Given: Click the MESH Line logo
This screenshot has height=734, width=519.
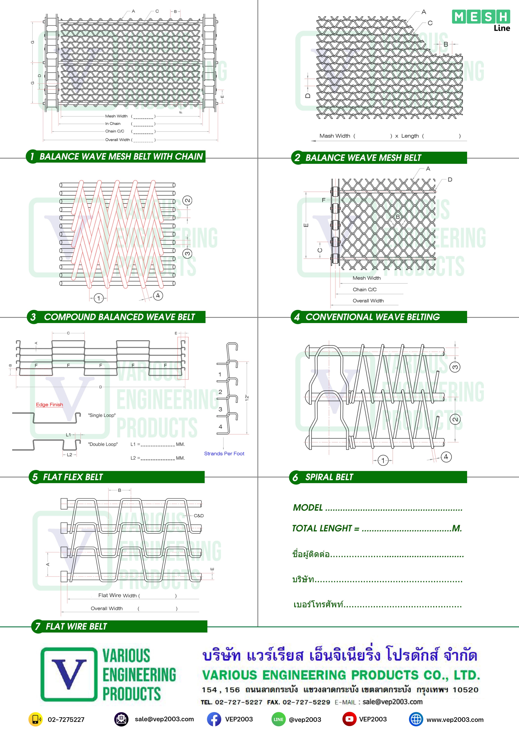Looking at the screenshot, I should pos(481,20).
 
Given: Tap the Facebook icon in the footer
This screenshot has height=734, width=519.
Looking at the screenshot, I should pos(214,719).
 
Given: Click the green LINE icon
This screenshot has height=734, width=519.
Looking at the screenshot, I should pos(278,719).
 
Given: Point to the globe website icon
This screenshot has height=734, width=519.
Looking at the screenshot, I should pos(416,719).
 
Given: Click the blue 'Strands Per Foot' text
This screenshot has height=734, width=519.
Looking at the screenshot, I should pos(224,453).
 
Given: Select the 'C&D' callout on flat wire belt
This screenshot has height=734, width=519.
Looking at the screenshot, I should pos(199,515).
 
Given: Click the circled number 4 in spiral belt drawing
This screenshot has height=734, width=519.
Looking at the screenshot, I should pos(446,457).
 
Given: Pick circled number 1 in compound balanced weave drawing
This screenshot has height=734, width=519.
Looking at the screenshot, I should pos(99,298).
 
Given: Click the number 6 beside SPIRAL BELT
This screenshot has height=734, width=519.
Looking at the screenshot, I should pos(295,478).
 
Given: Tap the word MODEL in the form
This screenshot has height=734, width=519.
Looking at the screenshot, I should pos(308,507).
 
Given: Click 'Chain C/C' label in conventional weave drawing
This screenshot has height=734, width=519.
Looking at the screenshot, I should pos(365,289).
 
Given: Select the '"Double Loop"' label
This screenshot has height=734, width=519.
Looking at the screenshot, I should pos(103,444).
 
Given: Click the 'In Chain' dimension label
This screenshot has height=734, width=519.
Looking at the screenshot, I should pos(113,123).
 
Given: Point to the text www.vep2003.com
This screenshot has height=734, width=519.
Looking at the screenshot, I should pos(455,720).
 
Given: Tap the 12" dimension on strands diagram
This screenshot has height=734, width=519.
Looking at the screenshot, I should pos(247,398).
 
